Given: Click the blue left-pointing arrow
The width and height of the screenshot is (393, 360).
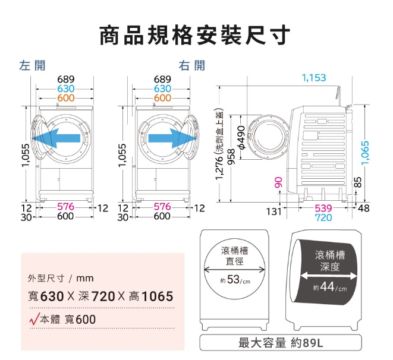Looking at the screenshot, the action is pyautogui.click(x=56, y=138).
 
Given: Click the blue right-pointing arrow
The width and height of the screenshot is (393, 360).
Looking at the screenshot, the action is pyautogui.click(x=172, y=138).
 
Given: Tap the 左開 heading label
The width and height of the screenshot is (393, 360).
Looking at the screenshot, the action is pyautogui.click(x=32, y=65).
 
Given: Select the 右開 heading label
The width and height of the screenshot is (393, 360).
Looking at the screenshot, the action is pyautogui.click(x=192, y=65).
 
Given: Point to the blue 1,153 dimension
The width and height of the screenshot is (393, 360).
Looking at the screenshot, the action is pyautogui.click(x=314, y=78).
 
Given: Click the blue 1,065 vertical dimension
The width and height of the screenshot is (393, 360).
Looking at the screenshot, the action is pyautogui.click(x=366, y=153).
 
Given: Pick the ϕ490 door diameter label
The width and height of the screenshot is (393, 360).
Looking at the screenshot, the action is pyautogui.click(x=241, y=137).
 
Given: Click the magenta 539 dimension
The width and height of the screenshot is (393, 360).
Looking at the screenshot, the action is pyautogui.click(x=323, y=208).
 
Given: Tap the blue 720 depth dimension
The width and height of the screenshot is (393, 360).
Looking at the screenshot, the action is pyautogui.click(x=323, y=217).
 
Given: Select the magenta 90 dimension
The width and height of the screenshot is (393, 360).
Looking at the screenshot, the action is pyautogui.click(x=278, y=182).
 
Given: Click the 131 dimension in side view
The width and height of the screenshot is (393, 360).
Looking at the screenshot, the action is pyautogui.click(x=274, y=212).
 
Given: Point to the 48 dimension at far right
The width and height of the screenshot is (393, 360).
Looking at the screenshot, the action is pyautogui.click(x=364, y=209).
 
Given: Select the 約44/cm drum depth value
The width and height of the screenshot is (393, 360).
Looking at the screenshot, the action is pyautogui.click(x=330, y=287).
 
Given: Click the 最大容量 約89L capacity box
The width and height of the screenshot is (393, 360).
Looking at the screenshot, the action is pyautogui.click(x=281, y=343).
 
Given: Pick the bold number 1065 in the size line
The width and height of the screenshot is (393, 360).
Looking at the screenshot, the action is pyautogui.click(x=158, y=296).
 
